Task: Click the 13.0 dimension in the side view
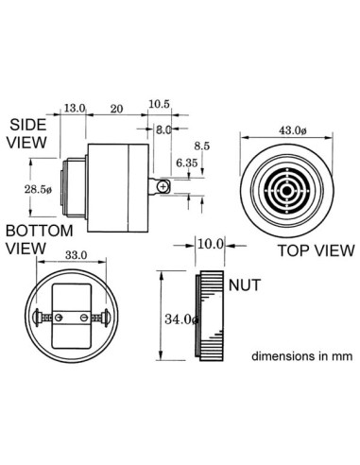point(75,109)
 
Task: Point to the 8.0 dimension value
point(163,129)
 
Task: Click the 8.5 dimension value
point(201,146)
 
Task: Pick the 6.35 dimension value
point(186,164)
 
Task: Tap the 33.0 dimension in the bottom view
point(77,255)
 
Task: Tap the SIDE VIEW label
point(27,134)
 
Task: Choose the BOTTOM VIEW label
point(37,239)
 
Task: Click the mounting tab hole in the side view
point(164,187)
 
